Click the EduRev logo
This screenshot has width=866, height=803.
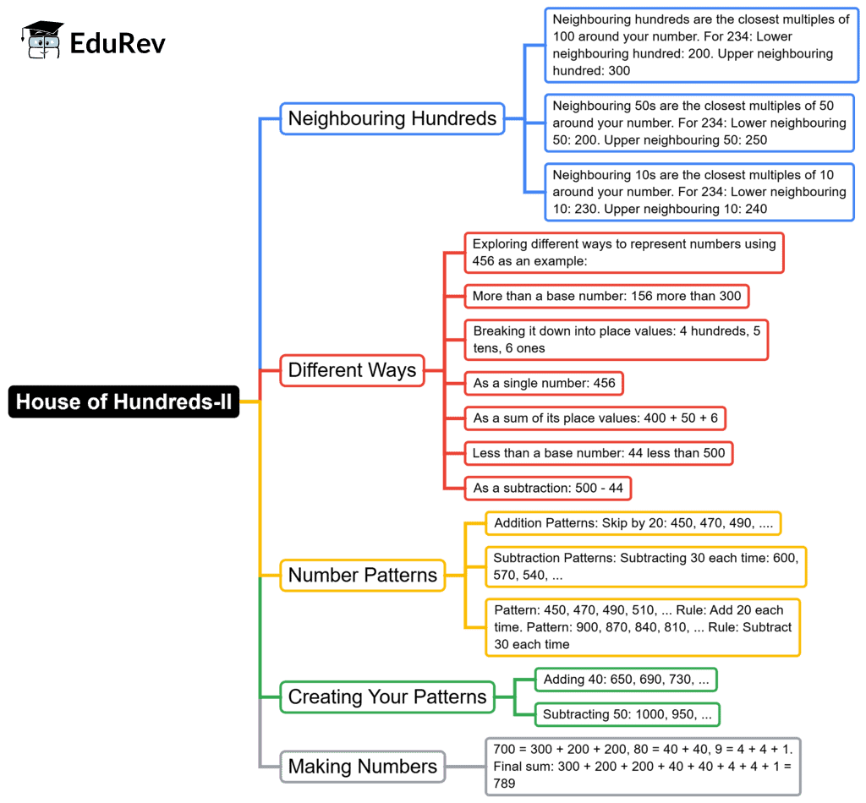click(x=95, y=41)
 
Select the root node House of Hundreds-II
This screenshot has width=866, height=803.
click(x=123, y=401)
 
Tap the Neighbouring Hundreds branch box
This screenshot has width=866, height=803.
click(x=392, y=118)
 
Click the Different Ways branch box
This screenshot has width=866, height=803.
click(x=352, y=370)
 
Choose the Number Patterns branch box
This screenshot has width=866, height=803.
click(x=363, y=576)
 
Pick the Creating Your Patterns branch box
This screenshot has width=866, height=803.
click(x=387, y=697)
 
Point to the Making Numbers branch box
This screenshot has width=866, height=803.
click(x=363, y=767)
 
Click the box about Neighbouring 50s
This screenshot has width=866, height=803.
click(x=699, y=123)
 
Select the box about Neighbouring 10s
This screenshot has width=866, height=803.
click(x=699, y=193)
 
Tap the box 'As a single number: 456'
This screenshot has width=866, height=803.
click(x=544, y=384)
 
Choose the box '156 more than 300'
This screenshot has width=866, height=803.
click(x=606, y=296)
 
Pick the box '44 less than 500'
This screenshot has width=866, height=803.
click(x=598, y=453)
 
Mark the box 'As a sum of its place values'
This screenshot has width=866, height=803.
click(x=595, y=418)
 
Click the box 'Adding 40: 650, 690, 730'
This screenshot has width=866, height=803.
click(x=626, y=680)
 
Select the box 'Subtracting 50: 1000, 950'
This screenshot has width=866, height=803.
click(x=627, y=715)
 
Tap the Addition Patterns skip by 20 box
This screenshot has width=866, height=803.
click(x=633, y=523)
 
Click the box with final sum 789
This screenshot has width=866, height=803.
click(x=643, y=767)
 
